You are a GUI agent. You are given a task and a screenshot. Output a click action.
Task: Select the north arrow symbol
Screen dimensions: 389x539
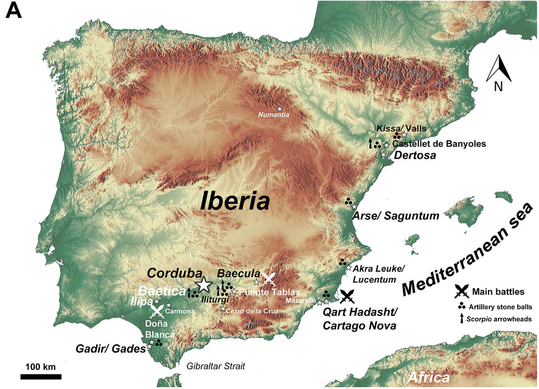pyautogui.click(x=498, y=73)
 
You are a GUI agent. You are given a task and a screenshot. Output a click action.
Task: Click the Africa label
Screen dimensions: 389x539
pyautogui.click(x=429, y=377)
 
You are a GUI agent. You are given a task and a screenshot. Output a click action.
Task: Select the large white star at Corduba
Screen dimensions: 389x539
pyautogui.click(x=203, y=285)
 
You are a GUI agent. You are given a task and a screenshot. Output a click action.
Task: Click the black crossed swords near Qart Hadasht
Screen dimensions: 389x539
pyautogui.click(x=348, y=295)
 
